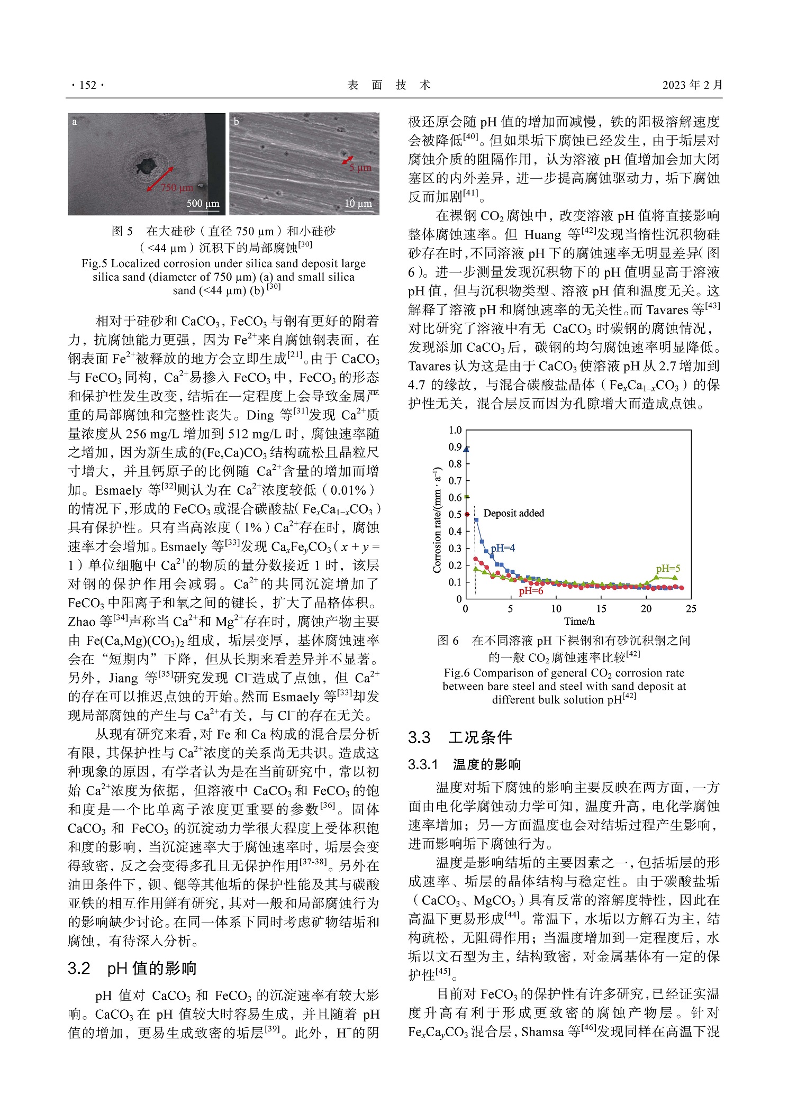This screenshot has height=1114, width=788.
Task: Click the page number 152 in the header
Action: coord(88,85)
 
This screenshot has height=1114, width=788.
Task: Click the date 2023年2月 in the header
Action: coord(692,85)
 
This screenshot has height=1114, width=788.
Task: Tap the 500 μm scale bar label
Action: coord(203,203)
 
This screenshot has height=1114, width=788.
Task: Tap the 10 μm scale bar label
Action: coord(358,203)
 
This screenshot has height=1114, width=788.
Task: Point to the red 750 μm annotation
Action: coord(177,188)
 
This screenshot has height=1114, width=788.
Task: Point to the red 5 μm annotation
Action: coord(360,168)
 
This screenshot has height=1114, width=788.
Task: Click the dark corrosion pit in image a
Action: coord(146,166)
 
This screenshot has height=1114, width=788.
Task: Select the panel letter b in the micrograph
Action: coord(236,122)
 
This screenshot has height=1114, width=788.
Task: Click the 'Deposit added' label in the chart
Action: coord(513,513)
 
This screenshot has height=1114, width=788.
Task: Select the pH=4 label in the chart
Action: coord(502,548)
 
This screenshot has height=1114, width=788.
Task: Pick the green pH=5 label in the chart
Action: coord(668,569)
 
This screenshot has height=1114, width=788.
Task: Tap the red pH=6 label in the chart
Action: coord(531,591)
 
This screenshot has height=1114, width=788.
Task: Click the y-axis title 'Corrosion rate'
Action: coord(437,520)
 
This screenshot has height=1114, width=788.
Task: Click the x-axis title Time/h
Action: coord(578,622)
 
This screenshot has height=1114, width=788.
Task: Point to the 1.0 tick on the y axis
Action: coord(455,430)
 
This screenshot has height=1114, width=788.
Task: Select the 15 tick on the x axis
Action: coord(601,609)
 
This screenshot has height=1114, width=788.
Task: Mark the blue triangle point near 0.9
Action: coord(466,449)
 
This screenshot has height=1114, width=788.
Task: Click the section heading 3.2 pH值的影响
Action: coord(132,968)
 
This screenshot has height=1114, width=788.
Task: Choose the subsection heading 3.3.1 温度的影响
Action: coord(464,764)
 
